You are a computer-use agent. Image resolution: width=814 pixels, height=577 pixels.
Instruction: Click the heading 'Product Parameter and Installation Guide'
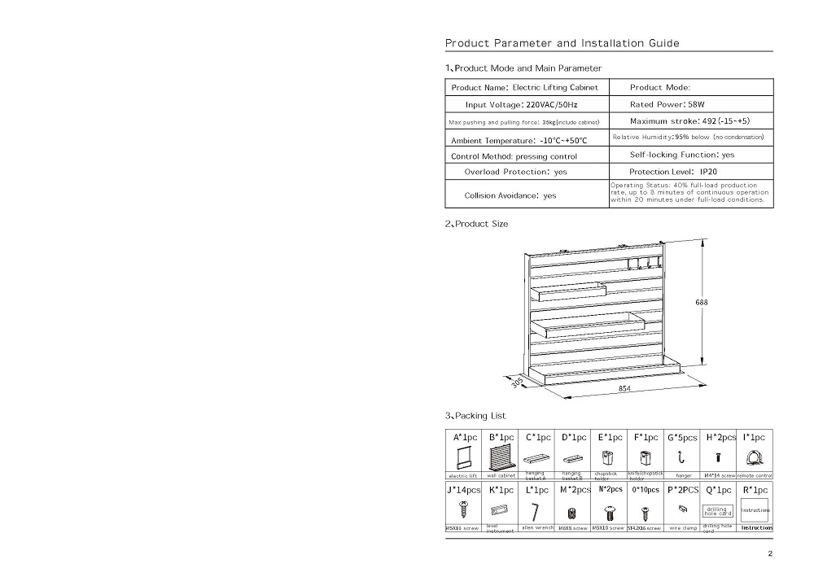click(562, 43)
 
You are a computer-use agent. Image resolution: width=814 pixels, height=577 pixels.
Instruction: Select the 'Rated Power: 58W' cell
click(667, 105)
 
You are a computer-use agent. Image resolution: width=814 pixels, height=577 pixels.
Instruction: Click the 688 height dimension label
click(702, 302)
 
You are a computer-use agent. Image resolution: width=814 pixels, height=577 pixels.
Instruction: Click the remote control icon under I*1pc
click(754, 459)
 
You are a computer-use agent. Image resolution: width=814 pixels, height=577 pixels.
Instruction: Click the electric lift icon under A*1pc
click(465, 459)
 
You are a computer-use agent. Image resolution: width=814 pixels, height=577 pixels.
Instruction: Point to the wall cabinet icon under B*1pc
click(501, 458)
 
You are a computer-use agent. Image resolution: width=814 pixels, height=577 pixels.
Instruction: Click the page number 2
click(769, 554)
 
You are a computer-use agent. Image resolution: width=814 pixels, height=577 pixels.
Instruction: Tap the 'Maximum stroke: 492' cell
click(689, 121)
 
